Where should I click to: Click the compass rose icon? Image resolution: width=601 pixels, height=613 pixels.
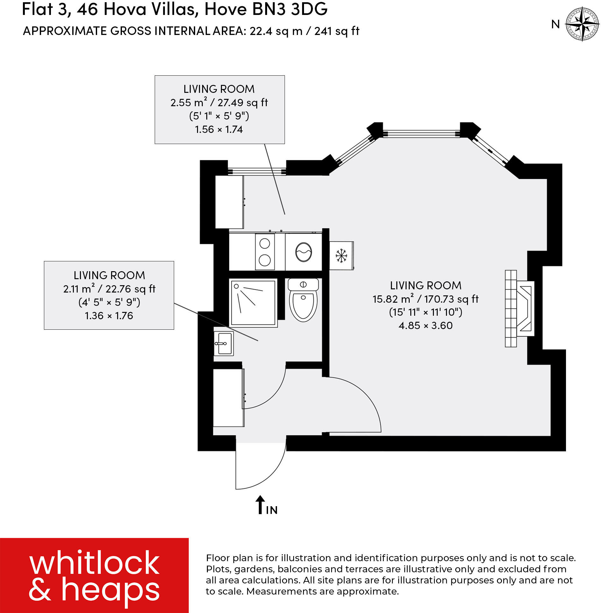point(582,24)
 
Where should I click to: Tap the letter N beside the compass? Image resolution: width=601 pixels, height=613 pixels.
point(555,24)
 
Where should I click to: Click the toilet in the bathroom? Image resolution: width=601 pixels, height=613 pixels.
point(303,300)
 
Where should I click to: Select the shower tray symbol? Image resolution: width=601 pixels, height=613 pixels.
point(253,303)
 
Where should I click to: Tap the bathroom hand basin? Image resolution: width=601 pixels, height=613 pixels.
point(223,343)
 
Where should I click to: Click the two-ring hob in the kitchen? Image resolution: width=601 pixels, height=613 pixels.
point(265,252)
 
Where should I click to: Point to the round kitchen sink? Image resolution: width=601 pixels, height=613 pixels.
point(304,252)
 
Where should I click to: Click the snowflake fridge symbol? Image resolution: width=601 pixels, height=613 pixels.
point(341,256)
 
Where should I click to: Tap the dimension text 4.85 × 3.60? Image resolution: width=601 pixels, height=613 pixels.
point(425,326)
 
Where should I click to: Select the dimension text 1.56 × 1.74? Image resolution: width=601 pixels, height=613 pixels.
point(219,129)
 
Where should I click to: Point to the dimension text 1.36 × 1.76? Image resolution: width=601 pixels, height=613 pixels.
point(109,316)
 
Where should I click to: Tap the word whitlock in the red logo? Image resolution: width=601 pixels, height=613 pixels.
point(94,563)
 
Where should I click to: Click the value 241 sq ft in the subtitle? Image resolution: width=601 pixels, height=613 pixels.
point(337,31)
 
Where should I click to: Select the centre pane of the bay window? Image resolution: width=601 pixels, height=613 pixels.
point(421,134)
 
